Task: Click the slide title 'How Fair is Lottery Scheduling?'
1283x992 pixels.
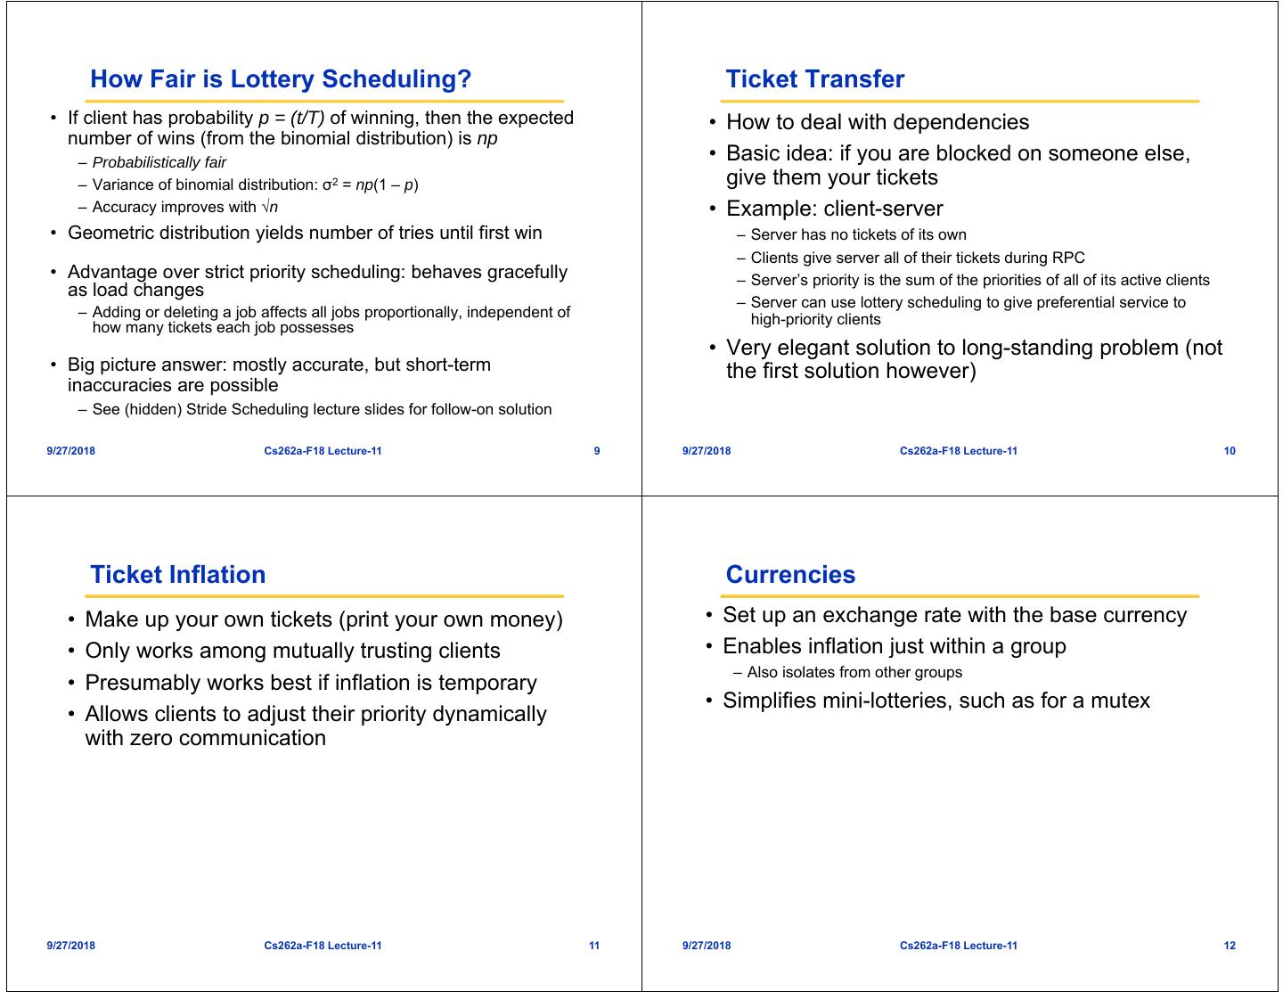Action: pos(281,79)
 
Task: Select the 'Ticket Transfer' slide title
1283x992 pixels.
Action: pos(814,79)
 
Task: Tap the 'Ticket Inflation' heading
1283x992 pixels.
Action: pos(177,575)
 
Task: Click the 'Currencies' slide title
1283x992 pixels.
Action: pos(790,575)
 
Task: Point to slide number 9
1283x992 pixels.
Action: pos(597,451)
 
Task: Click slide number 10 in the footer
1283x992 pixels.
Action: pos(1230,451)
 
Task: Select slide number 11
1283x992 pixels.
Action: pos(594,946)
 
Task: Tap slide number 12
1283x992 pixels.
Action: pos(1230,946)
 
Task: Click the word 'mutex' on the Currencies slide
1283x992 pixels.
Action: pos(1120,701)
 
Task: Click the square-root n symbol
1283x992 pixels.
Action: pos(270,207)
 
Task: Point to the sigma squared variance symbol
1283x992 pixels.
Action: pos(330,184)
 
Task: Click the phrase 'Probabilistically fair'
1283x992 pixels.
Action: pos(159,162)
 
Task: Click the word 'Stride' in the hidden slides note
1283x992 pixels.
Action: pos(207,409)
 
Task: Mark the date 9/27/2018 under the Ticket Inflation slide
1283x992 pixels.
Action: pos(71,946)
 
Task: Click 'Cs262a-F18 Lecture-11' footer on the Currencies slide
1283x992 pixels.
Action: pos(958,946)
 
